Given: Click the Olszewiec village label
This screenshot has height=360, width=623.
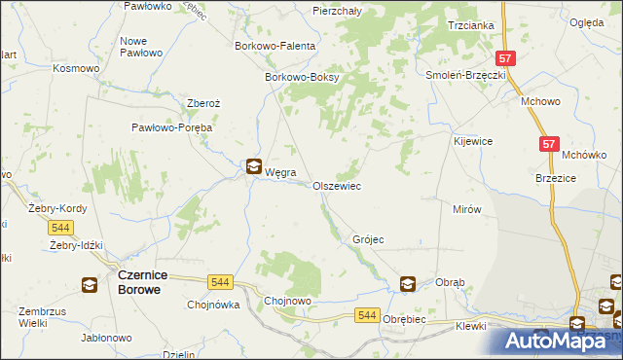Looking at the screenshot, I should click(x=337, y=185).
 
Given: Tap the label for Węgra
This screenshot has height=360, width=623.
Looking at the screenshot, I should click(x=281, y=172).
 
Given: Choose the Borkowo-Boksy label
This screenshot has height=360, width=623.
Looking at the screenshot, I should click(x=301, y=79).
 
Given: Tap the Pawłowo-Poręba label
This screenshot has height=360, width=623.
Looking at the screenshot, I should click(x=172, y=127).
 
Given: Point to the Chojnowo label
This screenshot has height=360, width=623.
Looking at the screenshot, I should click(x=288, y=302).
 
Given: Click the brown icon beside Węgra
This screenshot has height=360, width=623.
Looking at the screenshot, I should click(x=253, y=166).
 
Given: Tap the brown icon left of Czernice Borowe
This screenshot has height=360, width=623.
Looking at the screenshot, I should click(x=90, y=285).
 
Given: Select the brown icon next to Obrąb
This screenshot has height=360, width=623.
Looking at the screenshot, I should click(x=408, y=284).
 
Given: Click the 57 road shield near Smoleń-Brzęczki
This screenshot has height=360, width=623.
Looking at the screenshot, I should click(x=504, y=58).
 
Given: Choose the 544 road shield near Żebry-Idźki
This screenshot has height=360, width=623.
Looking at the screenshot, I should click(x=59, y=227).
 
